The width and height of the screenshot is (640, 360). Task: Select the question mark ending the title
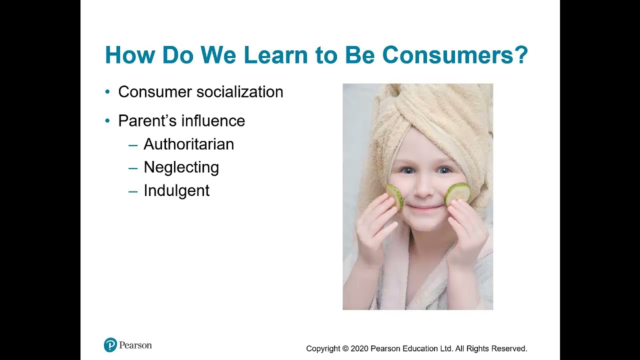pyautogui.click(x=521, y=55)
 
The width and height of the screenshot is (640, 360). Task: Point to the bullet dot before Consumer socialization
pyautogui.click(x=107, y=92)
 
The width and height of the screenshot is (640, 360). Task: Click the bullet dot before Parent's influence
pyautogui.click(x=107, y=121)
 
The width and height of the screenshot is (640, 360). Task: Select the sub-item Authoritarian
pyautogui.click(x=188, y=144)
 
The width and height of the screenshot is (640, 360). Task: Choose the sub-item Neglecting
pyautogui.click(x=181, y=167)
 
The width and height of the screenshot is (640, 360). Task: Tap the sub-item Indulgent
pyautogui.click(x=176, y=190)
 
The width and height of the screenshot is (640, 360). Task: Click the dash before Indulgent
pyautogui.click(x=132, y=191)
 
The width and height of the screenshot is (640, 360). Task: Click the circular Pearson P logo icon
pyautogui.click(x=110, y=345)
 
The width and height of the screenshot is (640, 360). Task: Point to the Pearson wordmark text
pyautogui.click(x=135, y=345)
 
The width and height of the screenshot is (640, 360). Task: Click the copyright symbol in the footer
pyautogui.click(x=345, y=348)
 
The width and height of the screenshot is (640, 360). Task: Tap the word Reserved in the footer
pyautogui.click(x=508, y=348)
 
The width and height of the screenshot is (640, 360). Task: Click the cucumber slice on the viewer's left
pyautogui.click(x=394, y=195)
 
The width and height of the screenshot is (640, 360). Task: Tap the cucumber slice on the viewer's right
pyautogui.click(x=458, y=193)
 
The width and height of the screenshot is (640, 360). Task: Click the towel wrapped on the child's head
pyautogui.click(x=440, y=110)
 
